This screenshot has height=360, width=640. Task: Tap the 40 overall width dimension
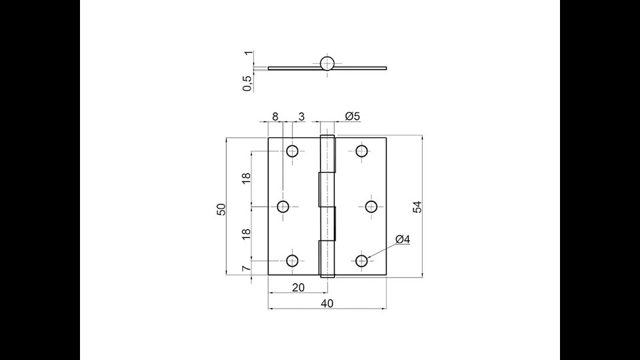coord(327,303)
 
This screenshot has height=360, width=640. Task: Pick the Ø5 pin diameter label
coord(353,117)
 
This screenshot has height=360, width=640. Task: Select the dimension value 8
coord(275,117)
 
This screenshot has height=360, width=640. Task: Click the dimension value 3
coord(301,117)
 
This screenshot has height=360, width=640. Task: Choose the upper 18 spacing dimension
coord(246,178)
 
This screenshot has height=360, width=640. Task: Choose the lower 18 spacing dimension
coord(246,233)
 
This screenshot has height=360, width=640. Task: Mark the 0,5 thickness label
coord(247,83)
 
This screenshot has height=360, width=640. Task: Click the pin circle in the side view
coord(327,63)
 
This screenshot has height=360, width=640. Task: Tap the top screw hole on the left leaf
coord(293,151)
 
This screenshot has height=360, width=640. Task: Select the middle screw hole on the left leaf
coord(283,207)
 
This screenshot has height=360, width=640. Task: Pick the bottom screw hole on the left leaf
coord(293,261)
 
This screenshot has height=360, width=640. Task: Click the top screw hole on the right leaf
coord(362,151)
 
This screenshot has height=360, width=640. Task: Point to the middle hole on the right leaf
coord(371,207)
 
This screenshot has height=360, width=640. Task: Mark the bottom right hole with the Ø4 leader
coord(362,261)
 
